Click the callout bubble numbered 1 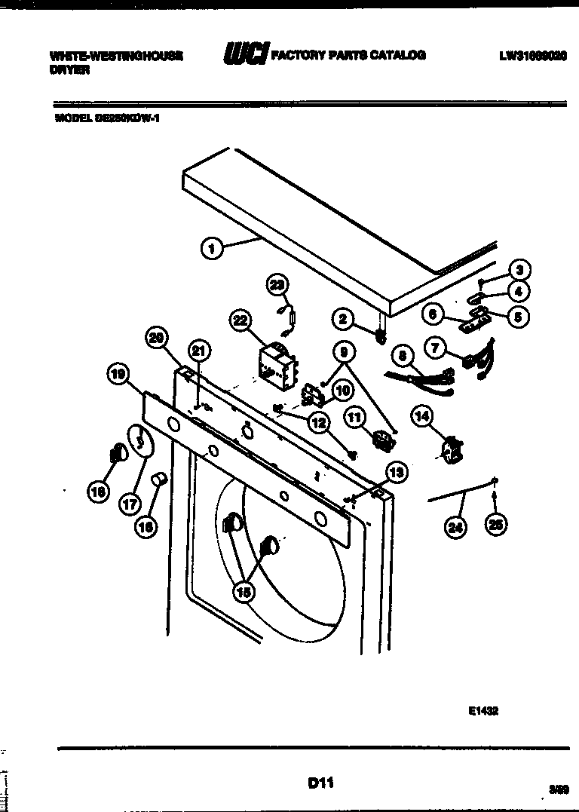tap(213, 247)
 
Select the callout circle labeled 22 tap(240, 320)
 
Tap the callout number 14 tap(422, 414)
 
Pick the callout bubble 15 tap(243, 592)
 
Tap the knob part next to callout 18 tap(116, 454)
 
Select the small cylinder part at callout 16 tap(159, 479)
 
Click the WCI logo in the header tap(245, 55)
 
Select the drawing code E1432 tap(482, 710)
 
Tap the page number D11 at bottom tap(320, 784)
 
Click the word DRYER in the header tap(70, 69)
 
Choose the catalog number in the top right tap(532, 56)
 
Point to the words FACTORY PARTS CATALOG tap(348, 55)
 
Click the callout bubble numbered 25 tap(494, 526)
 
